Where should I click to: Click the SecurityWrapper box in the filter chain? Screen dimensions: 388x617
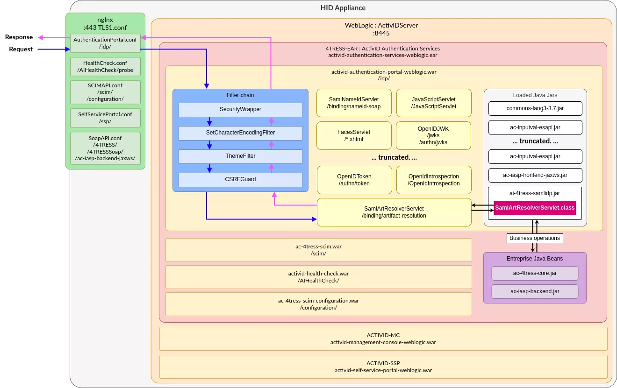point(240,109)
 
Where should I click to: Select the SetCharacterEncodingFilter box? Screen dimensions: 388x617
point(240,133)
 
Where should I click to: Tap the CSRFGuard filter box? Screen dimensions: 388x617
point(240,179)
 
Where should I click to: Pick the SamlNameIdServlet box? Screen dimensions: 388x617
point(354,103)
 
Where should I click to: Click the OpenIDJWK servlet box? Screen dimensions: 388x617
point(433,135)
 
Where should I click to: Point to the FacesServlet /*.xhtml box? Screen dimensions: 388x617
point(354,135)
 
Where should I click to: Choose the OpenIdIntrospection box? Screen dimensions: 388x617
point(433,180)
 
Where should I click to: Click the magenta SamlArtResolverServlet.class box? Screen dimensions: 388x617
point(535,207)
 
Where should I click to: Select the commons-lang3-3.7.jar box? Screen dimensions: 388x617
point(535,108)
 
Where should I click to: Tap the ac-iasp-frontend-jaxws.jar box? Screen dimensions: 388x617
point(535,175)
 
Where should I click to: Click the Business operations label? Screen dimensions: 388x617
point(534,238)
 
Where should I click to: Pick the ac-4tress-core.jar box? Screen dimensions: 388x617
point(535,273)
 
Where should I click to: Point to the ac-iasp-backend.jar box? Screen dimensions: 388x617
point(535,291)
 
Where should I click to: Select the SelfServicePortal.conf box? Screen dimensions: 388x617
point(105,118)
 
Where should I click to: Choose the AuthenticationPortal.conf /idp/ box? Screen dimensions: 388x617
point(105,43)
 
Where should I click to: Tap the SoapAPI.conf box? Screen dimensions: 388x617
point(105,148)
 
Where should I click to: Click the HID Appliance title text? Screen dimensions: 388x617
point(343,8)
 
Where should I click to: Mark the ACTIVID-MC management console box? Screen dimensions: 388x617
point(383,339)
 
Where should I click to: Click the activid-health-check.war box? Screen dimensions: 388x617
point(318,277)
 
